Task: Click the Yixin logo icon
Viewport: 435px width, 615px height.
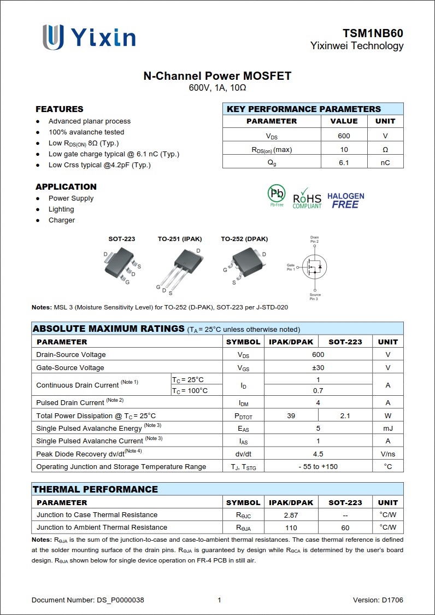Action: (53, 37)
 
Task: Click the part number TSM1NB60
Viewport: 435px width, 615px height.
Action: (373, 33)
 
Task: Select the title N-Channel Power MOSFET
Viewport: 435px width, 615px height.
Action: (217, 76)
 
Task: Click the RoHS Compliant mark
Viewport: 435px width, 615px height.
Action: (307, 198)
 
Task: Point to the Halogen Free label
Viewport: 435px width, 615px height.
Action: (345, 200)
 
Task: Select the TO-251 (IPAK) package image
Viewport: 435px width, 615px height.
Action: (179, 265)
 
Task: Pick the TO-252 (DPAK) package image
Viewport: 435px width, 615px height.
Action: (244, 262)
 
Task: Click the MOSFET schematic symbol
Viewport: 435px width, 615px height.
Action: (314, 267)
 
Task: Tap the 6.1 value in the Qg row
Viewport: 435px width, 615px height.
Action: (344, 162)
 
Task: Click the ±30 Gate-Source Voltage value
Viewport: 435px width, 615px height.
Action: (318, 368)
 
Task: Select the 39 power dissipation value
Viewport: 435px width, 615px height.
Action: (291, 416)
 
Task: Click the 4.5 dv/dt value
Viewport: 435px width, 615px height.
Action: (318, 454)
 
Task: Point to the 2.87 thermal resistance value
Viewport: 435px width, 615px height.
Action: (291, 515)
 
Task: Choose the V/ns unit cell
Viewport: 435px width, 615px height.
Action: (387, 454)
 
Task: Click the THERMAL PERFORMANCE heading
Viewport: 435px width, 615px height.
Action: (95, 489)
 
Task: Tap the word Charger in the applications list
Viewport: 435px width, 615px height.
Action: (62, 220)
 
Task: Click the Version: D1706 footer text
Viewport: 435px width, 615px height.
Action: (378, 600)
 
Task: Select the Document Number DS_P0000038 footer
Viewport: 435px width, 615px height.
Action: (88, 600)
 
